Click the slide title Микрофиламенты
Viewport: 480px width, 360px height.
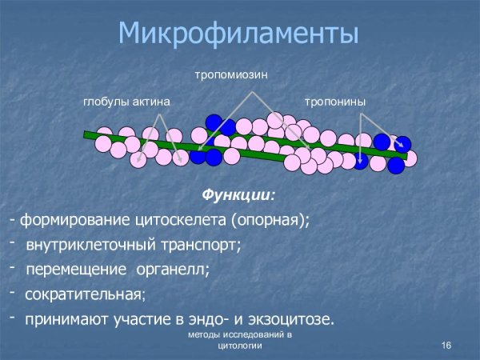[x=238, y=34]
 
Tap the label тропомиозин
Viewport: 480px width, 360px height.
[x=230, y=74]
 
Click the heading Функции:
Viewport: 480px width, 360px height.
[x=238, y=195]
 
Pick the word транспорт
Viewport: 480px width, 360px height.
[x=198, y=244]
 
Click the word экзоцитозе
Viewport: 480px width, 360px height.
[x=291, y=319]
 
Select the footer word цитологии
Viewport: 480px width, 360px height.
[x=239, y=349]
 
